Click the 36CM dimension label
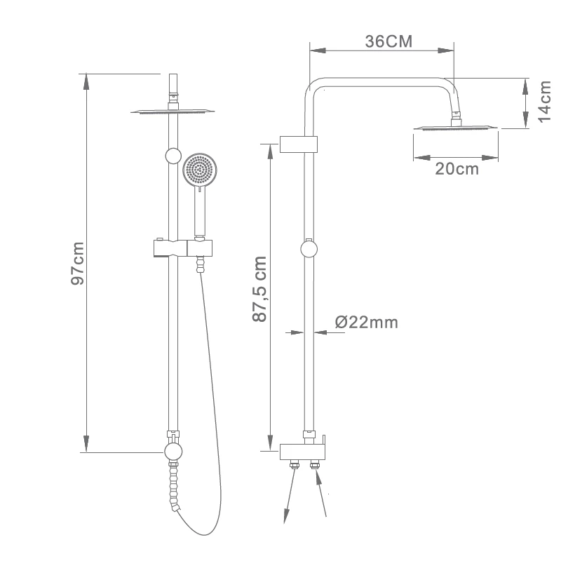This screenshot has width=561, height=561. point(388,41)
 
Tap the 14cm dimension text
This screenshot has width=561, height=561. point(545,102)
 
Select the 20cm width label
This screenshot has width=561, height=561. point(457,169)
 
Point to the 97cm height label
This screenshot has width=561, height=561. point(78,264)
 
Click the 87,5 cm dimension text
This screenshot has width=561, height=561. point(259,289)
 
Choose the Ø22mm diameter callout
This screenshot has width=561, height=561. point(366,323)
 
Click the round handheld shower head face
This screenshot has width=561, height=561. point(200,170)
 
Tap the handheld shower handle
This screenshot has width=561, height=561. point(200,212)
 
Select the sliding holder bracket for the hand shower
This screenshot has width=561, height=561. point(183,248)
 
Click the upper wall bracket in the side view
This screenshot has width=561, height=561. point(299,144)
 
